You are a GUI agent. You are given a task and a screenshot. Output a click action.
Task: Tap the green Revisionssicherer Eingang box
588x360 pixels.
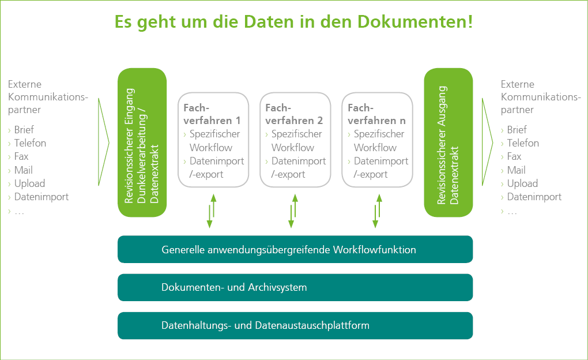(x=142, y=142)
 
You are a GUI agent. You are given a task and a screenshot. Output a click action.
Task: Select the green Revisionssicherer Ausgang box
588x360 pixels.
(x=448, y=142)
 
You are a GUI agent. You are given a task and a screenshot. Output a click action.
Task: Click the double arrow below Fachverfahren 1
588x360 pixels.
(x=212, y=211)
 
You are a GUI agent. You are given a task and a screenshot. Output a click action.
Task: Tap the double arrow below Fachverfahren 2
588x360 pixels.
(x=293, y=211)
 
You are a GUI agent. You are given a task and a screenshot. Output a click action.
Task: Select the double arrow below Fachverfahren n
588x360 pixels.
(x=377, y=211)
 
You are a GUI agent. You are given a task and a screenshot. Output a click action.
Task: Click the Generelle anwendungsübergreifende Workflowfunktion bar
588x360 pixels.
(x=295, y=249)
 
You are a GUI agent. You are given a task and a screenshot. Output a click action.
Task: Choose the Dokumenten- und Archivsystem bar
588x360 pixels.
(x=295, y=287)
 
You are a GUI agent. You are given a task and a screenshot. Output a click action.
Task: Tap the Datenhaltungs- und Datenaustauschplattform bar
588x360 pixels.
(x=295, y=325)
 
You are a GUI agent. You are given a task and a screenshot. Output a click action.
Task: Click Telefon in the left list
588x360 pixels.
(x=30, y=143)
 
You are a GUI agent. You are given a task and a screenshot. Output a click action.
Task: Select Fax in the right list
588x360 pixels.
(x=514, y=156)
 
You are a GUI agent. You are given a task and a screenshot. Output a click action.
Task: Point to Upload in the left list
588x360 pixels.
(x=29, y=183)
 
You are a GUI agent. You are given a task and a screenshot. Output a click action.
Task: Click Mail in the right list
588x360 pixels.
(x=516, y=170)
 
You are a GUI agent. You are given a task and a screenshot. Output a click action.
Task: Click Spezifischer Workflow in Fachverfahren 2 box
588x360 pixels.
(x=296, y=141)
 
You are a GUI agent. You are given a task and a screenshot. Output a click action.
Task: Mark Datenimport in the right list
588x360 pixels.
(x=534, y=197)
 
